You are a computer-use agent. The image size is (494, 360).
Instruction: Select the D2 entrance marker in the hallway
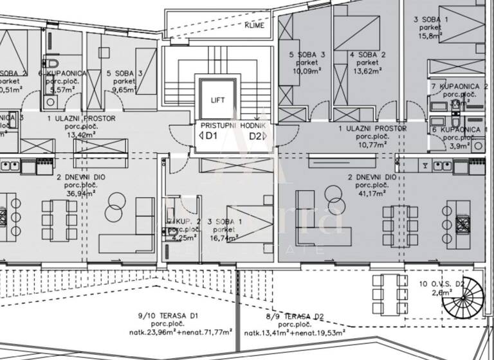point(255,136)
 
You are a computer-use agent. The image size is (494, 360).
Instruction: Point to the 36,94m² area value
point(80,192)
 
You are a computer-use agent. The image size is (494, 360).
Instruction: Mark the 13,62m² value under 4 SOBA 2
point(367,71)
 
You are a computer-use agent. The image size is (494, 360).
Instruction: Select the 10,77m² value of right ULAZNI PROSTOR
point(372,145)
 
